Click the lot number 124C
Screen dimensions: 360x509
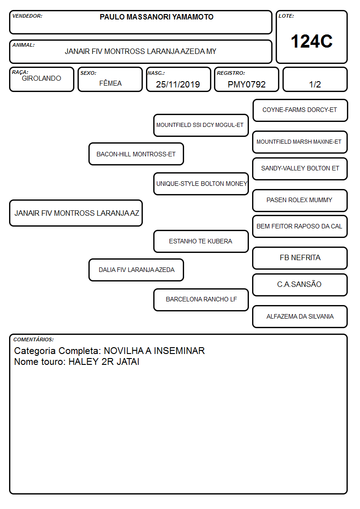click(311, 41)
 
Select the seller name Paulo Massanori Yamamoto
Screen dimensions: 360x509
click(156, 17)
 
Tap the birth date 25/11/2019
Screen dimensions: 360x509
click(178, 84)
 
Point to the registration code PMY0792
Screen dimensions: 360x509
click(247, 84)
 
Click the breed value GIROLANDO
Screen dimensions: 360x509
click(41, 78)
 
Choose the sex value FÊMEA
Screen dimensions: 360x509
click(110, 83)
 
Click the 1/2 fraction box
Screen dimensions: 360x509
click(315, 79)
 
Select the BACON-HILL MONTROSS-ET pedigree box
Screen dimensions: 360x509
click(136, 154)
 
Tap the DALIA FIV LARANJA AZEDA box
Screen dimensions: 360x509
click(136, 270)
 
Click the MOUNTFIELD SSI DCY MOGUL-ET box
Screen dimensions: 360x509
click(201, 125)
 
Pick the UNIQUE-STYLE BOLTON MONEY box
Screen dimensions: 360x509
click(201, 184)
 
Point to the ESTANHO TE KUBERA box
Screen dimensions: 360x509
click(201, 241)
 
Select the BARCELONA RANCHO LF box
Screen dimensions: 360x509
click(201, 300)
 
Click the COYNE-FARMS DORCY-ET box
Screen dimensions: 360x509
click(300, 111)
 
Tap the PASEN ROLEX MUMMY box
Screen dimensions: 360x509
click(300, 200)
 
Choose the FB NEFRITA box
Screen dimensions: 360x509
click(300, 258)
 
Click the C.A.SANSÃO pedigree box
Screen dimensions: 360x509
click(300, 285)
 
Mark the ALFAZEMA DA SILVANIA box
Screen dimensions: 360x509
click(300, 316)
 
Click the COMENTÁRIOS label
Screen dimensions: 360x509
click(34, 339)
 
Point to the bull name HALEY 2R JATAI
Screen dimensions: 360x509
click(104, 362)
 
